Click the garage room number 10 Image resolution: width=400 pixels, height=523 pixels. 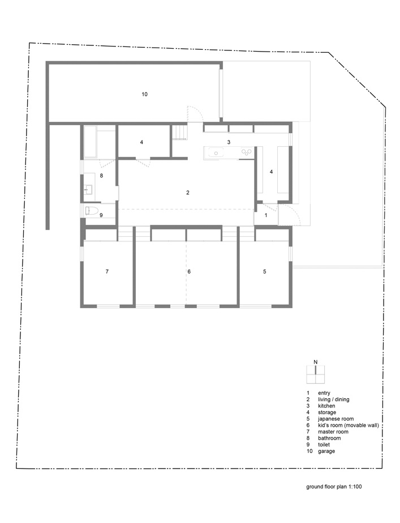click(144, 95)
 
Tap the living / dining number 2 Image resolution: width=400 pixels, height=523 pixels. click(188, 193)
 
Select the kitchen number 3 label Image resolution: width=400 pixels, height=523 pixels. click(229, 142)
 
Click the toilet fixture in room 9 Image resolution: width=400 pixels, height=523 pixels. click(92, 211)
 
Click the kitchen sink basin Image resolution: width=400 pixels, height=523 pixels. click(216, 153)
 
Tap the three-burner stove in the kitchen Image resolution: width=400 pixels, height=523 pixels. click(247, 152)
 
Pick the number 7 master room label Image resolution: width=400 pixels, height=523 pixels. click(107, 272)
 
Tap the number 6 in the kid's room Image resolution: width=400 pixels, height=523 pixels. click(189, 272)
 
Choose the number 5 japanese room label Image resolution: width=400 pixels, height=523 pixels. click(265, 272)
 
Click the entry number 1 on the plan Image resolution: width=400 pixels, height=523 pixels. click(266, 215)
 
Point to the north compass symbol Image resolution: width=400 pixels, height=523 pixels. click(315, 374)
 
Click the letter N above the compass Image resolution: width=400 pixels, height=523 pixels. click(316, 362)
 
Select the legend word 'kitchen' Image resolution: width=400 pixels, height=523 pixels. click(326, 406)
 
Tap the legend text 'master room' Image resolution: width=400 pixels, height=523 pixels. click(333, 432)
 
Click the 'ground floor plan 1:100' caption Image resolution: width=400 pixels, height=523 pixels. click(334, 487)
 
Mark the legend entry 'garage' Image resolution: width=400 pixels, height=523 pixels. click(326, 451)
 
